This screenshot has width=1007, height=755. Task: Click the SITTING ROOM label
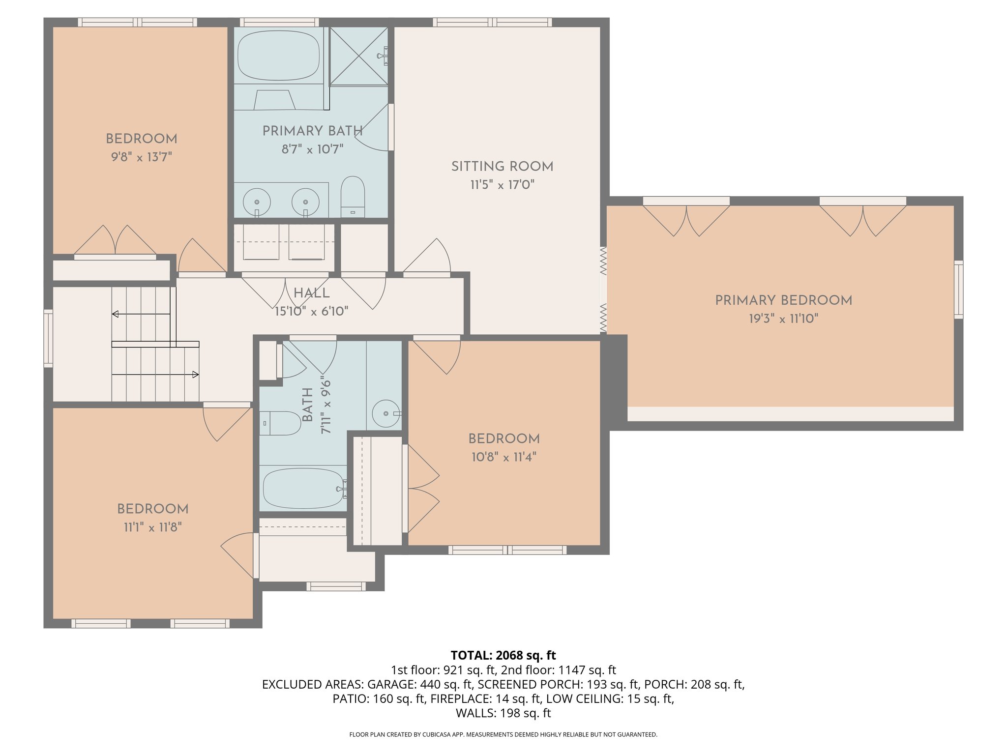pos(502,167)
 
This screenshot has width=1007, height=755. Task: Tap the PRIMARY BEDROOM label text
pos(783,300)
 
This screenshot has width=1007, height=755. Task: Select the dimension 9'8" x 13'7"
pos(141,157)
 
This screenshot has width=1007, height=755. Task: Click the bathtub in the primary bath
pos(278,55)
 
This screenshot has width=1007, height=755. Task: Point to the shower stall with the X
pos(358,56)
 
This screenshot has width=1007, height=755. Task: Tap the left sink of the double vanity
pos(257,202)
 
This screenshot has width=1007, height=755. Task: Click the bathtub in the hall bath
pos(303,488)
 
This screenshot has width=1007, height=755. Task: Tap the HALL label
pos(311,293)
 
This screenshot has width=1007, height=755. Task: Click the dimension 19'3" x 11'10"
pos(783,319)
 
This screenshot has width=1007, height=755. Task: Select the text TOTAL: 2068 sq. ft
pos(503,655)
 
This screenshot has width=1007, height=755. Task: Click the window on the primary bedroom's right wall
pos(958,290)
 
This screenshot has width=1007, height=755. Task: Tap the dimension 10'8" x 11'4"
pos(503,457)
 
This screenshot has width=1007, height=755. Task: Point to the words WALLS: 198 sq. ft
pos(503,713)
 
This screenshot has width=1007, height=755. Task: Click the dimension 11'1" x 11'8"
pos(152,527)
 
